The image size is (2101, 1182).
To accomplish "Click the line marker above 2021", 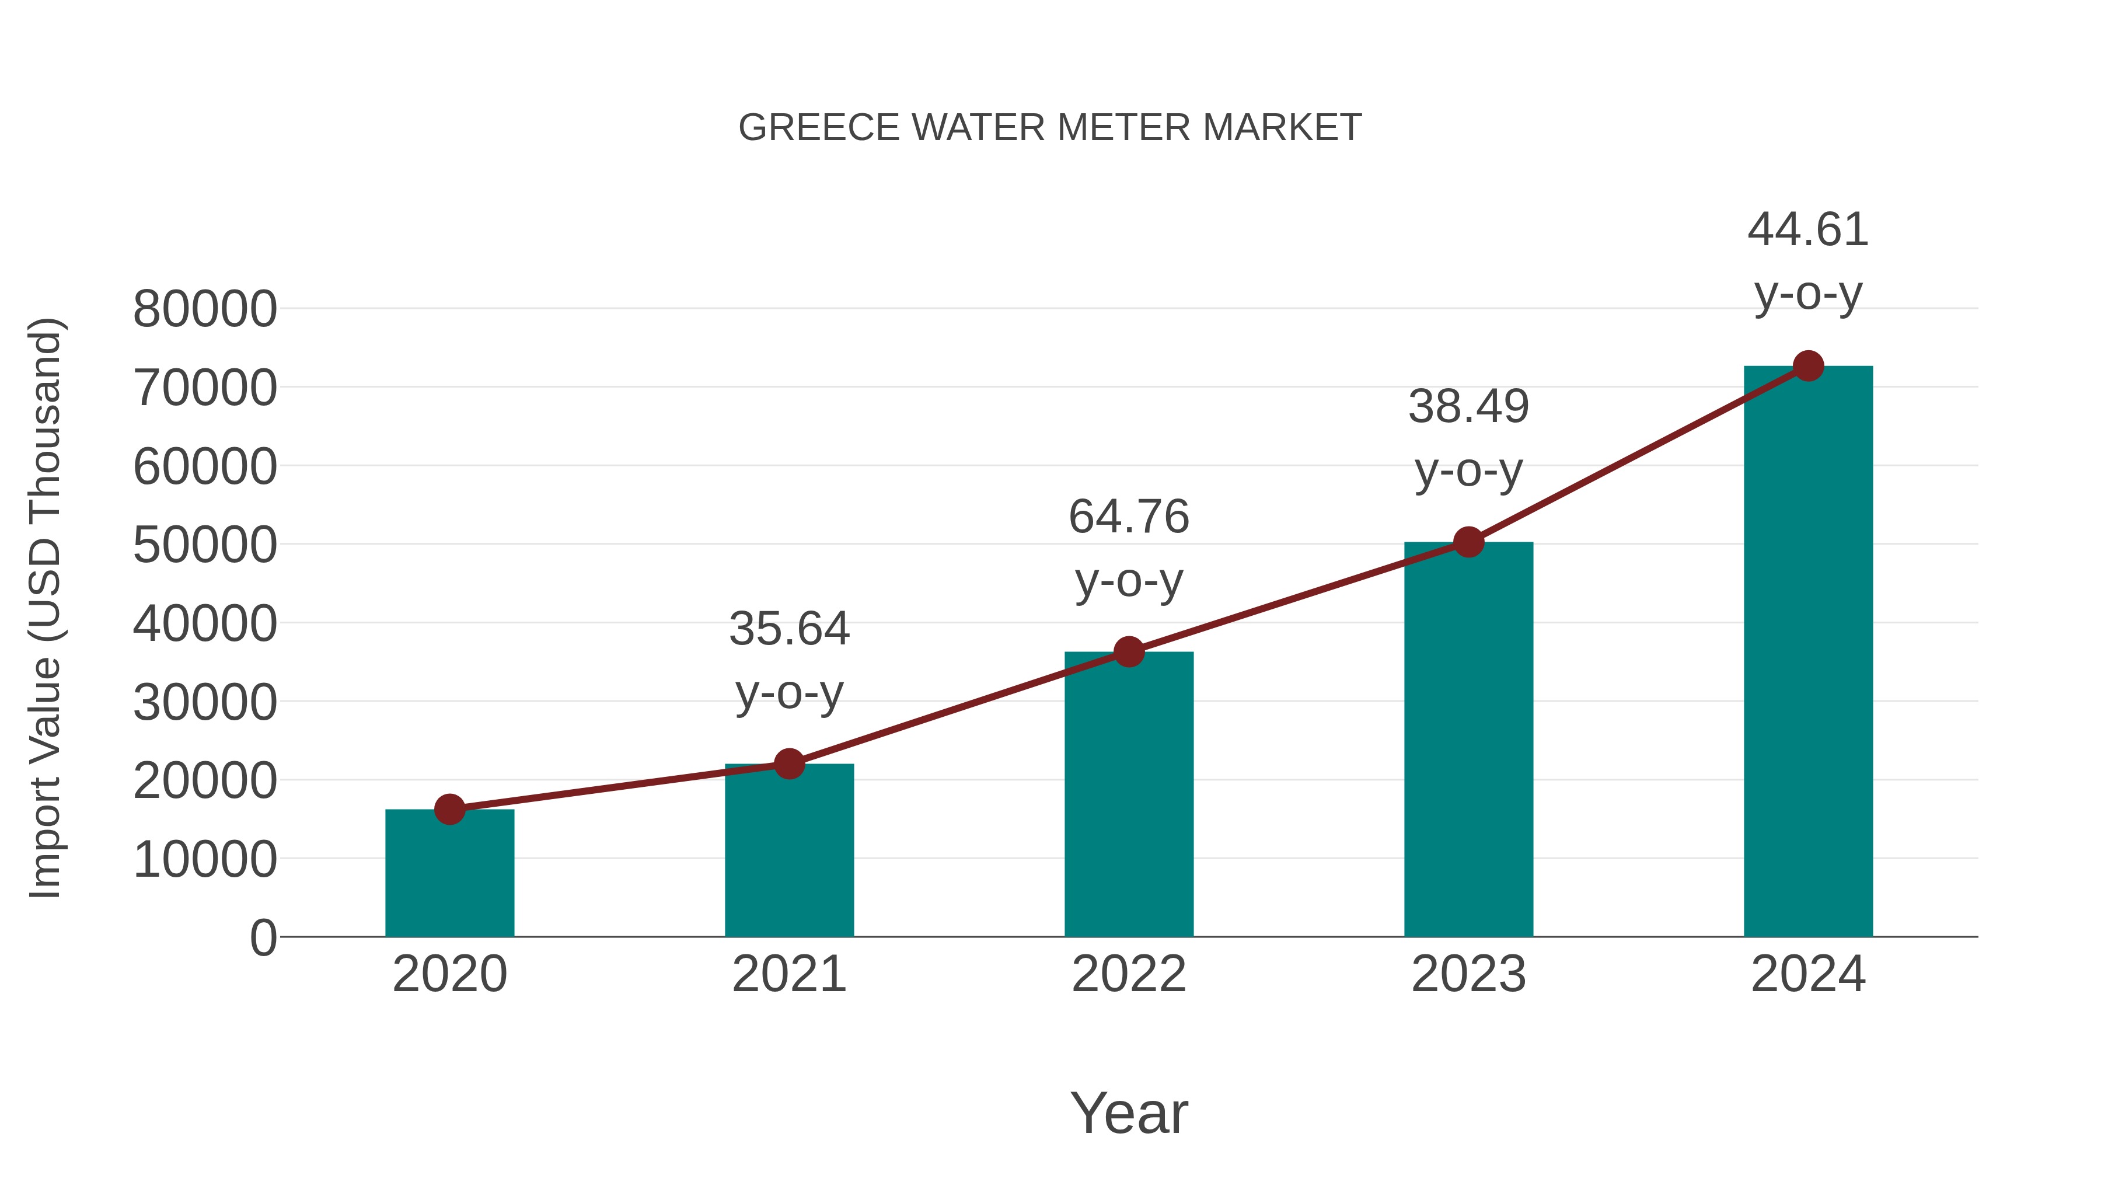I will click(788, 763).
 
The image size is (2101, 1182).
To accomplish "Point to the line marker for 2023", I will click(1468, 542).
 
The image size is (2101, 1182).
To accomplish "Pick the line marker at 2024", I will click(1808, 366).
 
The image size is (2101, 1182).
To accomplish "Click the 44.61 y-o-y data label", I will click(1808, 261).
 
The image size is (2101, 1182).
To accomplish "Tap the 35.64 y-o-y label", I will click(788, 660).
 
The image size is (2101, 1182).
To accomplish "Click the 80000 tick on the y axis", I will click(205, 310).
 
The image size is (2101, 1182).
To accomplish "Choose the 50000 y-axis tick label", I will click(205, 545).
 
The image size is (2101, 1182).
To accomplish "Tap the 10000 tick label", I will click(205, 859).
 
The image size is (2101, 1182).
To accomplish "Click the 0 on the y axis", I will click(263, 937).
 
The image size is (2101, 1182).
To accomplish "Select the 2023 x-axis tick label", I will click(1468, 974).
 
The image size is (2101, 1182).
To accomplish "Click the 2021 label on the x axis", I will click(788, 974).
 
